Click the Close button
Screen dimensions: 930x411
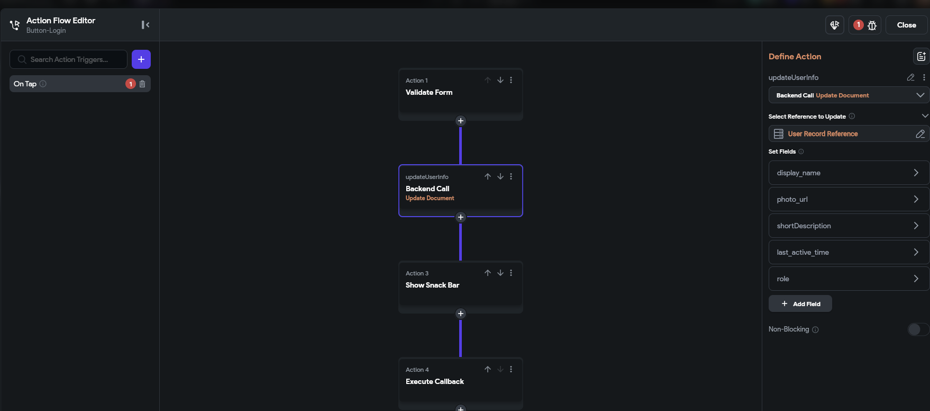click(906, 25)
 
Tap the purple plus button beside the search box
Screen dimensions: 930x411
click(141, 59)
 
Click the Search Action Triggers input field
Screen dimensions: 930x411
click(68, 59)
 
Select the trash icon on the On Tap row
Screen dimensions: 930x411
click(142, 84)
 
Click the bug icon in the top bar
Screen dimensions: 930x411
click(872, 25)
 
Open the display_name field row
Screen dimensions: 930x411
click(849, 173)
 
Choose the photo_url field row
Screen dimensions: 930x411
click(849, 199)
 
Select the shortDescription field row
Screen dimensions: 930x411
click(849, 226)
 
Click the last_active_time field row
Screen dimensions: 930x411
click(849, 252)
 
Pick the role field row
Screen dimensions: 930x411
click(849, 279)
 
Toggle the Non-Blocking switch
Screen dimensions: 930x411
click(918, 329)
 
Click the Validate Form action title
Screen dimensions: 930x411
click(429, 92)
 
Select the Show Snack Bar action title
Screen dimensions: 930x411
click(432, 285)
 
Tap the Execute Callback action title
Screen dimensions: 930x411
click(435, 381)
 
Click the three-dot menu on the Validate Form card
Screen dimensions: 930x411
click(511, 80)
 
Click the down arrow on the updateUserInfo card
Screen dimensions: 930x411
click(500, 176)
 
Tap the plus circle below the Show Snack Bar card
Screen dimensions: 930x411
click(461, 314)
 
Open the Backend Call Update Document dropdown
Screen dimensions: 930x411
click(849, 95)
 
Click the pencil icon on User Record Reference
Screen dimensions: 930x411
click(920, 134)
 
